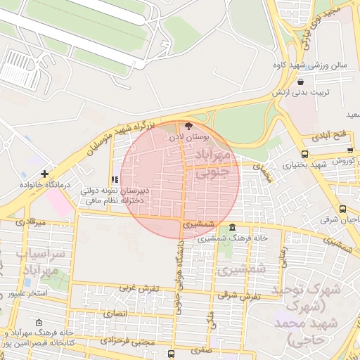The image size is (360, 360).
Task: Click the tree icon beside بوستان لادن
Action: [188, 125]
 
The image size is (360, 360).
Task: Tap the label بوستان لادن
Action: [188, 136]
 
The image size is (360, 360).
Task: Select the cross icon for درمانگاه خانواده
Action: [45, 173]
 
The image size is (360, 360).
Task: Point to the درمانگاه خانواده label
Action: [45, 184]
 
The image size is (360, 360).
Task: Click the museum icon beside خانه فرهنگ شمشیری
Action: [233, 226]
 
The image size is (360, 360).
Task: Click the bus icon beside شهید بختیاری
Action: [304, 153]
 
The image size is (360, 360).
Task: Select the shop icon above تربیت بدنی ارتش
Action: [300, 82]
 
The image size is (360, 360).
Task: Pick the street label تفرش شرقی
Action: [240, 296]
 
